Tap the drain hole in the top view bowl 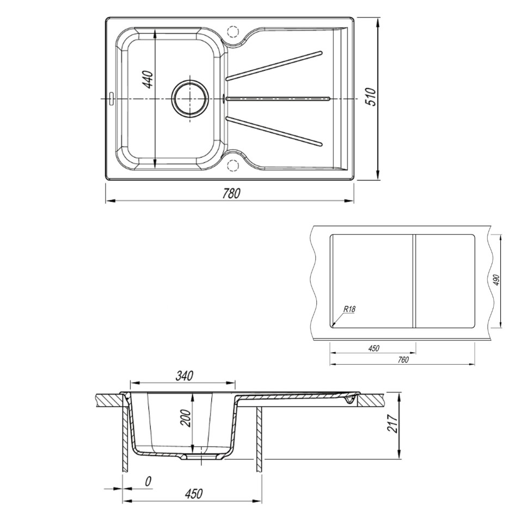pos(189,99)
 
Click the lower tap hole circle pos(232,165)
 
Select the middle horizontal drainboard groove pos(278,99)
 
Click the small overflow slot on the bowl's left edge pos(111,99)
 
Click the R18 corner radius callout pos(349,310)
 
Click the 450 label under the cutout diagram pos(373,348)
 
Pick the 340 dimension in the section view pos(182,376)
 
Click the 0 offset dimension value pos(148,482)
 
